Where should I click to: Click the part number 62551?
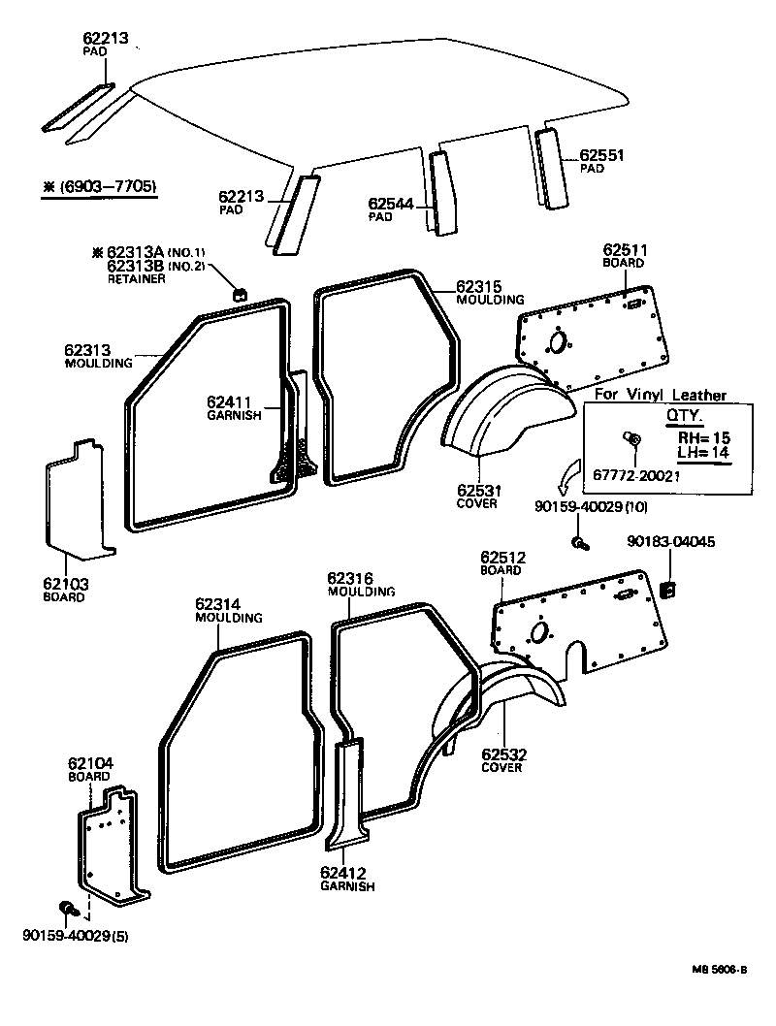coord(601,154)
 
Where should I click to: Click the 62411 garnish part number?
coord(229,401)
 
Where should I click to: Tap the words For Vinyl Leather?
coord(660,395)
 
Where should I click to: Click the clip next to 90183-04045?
coord(668,588)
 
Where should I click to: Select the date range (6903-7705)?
coord(100,187)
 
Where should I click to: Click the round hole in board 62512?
coord(535,631)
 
